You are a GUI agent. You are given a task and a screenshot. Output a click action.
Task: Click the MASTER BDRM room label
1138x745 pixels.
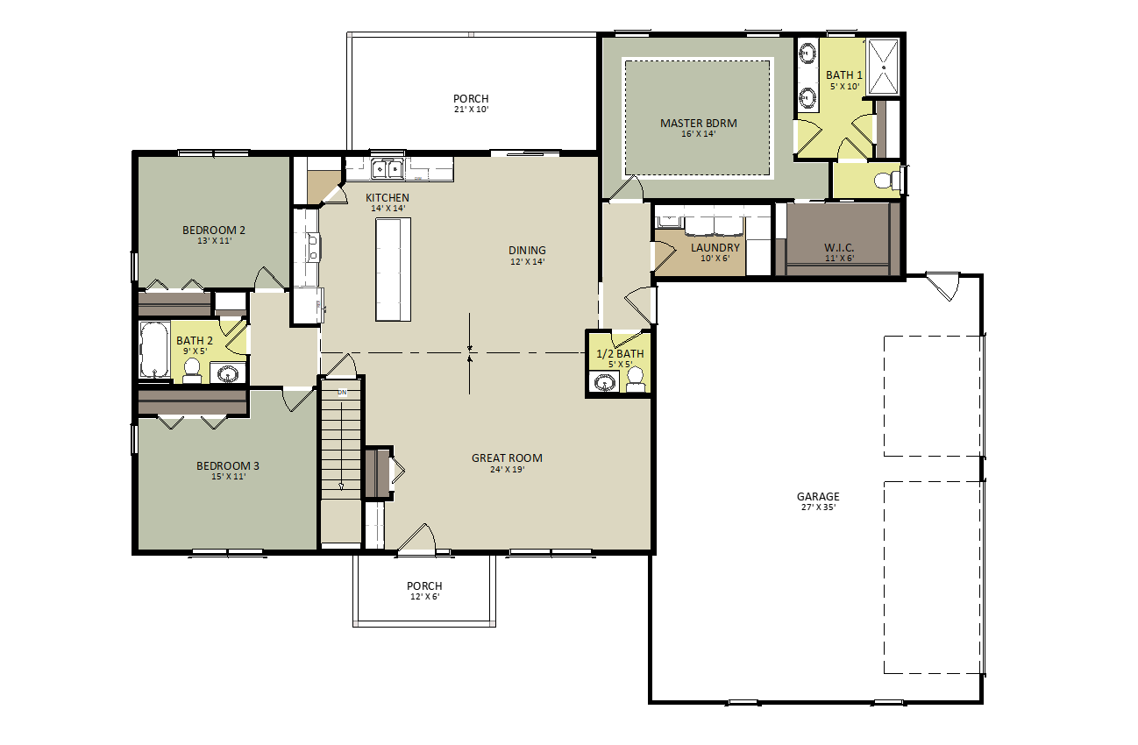click(x=698, y=123)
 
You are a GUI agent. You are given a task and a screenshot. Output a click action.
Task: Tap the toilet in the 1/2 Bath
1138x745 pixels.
click(x=635, y=380)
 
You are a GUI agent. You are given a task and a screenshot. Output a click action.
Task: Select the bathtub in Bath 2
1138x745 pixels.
click(x=154, y=350)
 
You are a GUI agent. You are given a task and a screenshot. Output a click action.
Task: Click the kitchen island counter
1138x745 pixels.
click(x=394, y=269)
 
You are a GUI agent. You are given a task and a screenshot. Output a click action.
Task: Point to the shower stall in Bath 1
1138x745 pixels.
click(x=884, y=67)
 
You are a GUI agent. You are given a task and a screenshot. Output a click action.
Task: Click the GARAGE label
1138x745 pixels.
click(x=818, y=496)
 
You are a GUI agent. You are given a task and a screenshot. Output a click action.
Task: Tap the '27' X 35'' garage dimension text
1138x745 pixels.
click(x=819, y=507)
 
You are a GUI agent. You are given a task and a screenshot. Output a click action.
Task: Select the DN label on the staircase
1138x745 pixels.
click(x=342, y=392)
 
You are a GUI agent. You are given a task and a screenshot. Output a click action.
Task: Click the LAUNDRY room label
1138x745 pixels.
click(x=715, y=247)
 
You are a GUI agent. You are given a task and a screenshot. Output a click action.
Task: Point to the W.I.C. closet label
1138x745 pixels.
click(x=839, y=247)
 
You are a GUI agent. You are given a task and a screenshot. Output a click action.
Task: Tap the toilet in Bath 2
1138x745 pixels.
click(x=192, y=370)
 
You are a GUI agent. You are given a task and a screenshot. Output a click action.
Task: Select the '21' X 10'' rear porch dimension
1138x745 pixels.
click(x=471, y=110)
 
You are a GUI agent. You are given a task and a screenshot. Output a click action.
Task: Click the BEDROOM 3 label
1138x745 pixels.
click(x=228, y=465)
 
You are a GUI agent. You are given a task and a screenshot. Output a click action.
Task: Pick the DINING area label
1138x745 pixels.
click(x=527, y=250)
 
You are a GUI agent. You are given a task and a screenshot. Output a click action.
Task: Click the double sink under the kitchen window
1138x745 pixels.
click(x=388, y=169)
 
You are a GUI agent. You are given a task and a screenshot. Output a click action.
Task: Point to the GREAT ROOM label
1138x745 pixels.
click(x=507, y=458)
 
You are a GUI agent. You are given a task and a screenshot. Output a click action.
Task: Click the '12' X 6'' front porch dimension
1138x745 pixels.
click(x=424, y=597)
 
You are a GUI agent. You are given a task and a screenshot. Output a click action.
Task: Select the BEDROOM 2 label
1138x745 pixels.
click(x=214, y=230)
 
